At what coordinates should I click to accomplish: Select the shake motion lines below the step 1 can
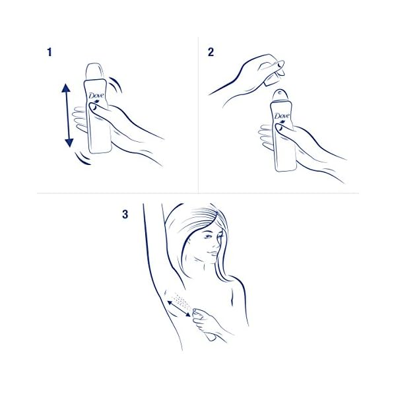(82, 160)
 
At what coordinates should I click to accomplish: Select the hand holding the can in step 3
(210, 324)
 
